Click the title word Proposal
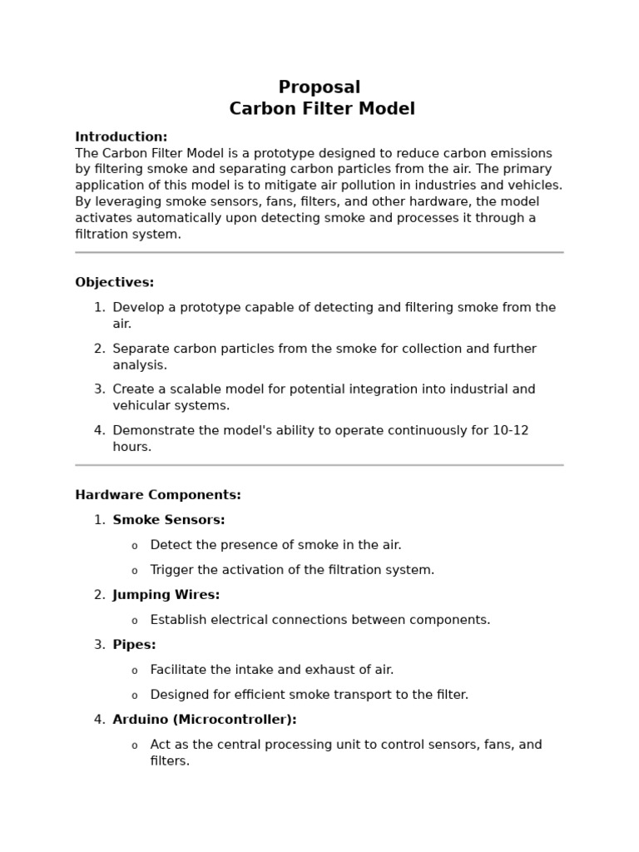click(319, 87)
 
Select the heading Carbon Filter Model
click(322, 109)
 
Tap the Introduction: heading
click(121, 136)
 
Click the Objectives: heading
click(115, 282)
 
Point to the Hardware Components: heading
click(158, 495)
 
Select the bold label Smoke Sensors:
click(169, 520)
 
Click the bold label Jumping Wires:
click(166, 595)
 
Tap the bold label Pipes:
click(134, 645)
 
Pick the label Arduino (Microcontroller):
click(205, 720)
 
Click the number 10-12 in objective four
click(509, 430)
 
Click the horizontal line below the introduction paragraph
click(319, 252)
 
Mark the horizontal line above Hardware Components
click(319, 465)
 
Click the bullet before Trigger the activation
click(135, 571)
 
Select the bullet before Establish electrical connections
click(135, 621)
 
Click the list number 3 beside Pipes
click(99, 645)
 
